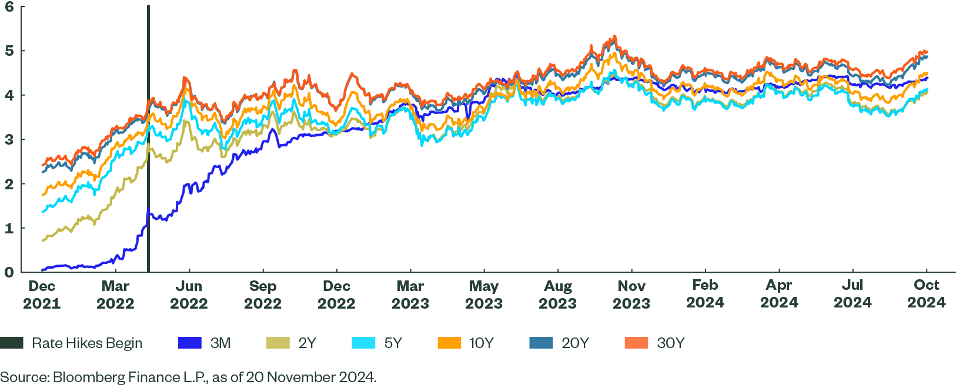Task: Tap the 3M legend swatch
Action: (190, 343)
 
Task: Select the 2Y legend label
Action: (307, 343)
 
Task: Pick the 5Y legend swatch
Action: (363, 343)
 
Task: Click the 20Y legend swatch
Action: (541, 343)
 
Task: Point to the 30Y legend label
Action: (670, 343)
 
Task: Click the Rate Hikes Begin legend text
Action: (87, 343)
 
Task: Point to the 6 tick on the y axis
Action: (9, 7)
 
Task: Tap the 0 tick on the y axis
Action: (9, 272)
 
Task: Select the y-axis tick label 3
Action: (9, 139)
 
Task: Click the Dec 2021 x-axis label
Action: (42, 295)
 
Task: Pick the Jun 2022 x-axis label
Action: (189, 295)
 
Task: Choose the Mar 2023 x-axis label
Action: (410, 295)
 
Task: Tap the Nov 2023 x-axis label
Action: (631, 295)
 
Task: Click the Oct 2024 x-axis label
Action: (926, 294)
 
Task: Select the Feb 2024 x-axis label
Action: (705, 294)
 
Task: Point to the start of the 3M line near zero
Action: (43, 269)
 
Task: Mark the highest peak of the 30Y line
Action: (614, 36)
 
